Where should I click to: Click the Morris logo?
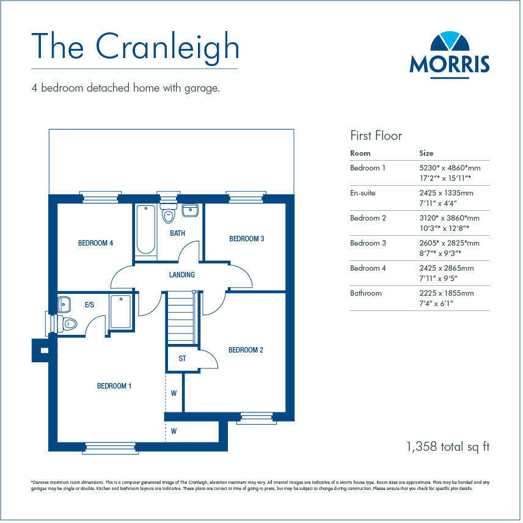point(449,53)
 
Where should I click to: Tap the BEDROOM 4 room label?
point(95,243)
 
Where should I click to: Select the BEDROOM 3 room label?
point(246,239)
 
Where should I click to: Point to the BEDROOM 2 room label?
point(246,350)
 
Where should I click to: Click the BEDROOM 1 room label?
point(114,386)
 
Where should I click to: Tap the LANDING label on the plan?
point(181,275)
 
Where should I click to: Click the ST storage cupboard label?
point(182,359)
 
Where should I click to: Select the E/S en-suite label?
point(89,304)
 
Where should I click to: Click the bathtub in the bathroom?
point(145,230)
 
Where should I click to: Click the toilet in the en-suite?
point(68,324)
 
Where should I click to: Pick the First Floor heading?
point(376,135)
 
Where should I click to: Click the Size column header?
point(426,153)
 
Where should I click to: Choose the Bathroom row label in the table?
point(365,293)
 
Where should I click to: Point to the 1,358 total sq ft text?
point(447,447)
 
